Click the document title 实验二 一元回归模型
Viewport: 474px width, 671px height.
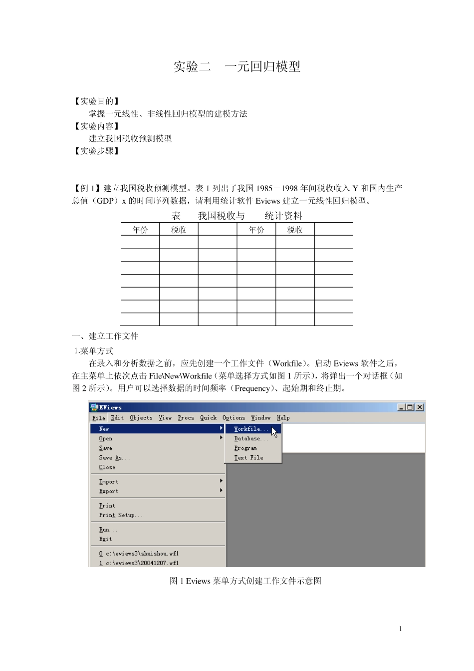click(x=237, y=66)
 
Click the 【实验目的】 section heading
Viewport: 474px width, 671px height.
click(x=96, y=101)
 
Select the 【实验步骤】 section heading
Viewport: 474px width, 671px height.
click(x=96, y=151)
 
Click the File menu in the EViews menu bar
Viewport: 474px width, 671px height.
click(x=99, y=418)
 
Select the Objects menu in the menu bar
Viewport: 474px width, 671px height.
click(x=141, y=418)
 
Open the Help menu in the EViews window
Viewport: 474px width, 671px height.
click(x=283, y=418)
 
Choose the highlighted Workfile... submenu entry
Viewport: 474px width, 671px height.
click(x=251, y=429)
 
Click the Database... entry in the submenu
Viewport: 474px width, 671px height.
click(x=251, y=438)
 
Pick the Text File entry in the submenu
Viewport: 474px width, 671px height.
click(x=248, y=457)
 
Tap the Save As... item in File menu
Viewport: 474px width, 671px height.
click(x=114, y=458)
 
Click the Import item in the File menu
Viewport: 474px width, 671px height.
click(x=109, y=482)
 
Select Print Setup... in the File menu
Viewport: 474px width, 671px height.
click(x=121, y=515)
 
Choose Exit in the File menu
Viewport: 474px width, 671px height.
click(x=105, y=539)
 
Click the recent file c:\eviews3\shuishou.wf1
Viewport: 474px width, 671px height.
click(x=139, y=554)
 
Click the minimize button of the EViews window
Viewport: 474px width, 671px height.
click(x=402, y=407)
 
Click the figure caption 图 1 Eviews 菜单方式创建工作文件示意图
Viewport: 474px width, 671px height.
click(x=245, y=581)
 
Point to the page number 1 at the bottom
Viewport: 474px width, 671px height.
click(x=400, y=629)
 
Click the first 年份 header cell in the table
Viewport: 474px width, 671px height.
click(x=140, y=230)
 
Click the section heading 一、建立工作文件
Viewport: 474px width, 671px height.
click(x=105, y=336)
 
